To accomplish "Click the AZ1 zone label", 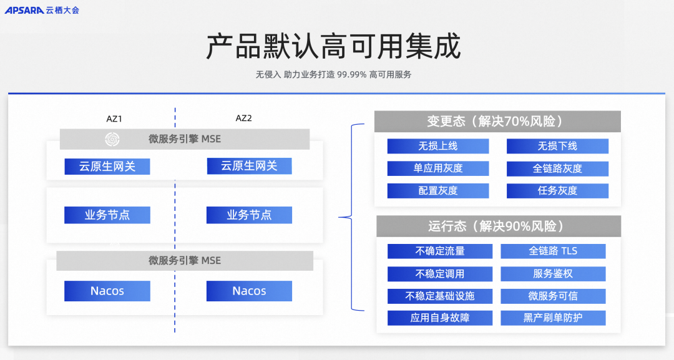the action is tap(114, 119).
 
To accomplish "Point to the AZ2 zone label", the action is tap(244, 118).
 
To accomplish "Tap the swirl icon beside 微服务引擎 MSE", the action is tap(112, 139).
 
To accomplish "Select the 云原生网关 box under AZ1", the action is tap(107, 166).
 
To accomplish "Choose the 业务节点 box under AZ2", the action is tap(249, 215).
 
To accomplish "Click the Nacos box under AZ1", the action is tap(107, 291).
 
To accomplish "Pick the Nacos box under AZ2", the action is tap(249, 291).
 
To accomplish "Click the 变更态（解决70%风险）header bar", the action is tap(497, 121).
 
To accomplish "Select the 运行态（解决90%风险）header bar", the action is tap(499, 226).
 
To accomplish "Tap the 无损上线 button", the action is tap(438, 146).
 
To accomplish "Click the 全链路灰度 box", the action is tap(557, 168).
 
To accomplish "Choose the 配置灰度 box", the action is tap(438, 191).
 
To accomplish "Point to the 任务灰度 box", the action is tap(557, 191).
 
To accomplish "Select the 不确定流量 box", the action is tap(440, 251).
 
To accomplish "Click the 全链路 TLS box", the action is tap(553, 251).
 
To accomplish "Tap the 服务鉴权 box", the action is tap(553, 274).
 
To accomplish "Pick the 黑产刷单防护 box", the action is tap(553, 318).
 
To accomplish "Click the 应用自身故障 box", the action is tap(440, 318).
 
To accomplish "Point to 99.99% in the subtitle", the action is tap(351, 75).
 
